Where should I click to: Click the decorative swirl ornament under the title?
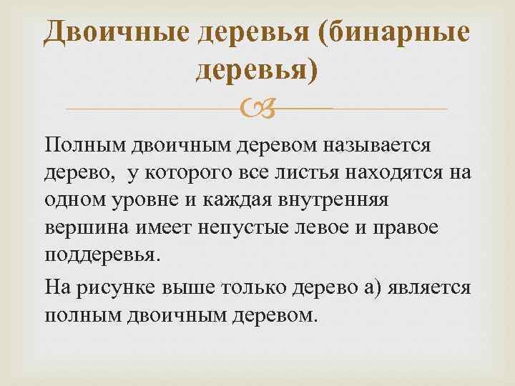tap(257, 109)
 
